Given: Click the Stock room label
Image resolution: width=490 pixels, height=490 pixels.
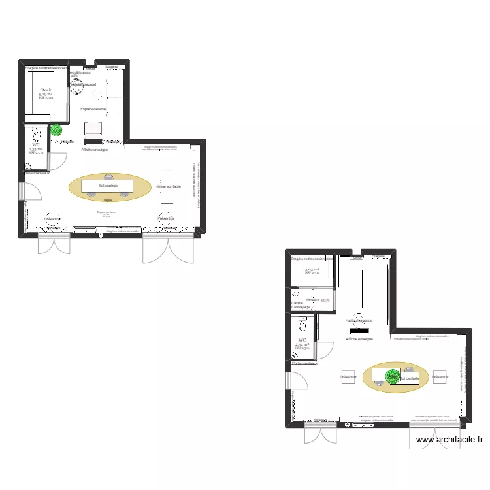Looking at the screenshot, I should tap(45, 90).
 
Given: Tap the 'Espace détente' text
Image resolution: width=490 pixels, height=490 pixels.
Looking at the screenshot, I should tap(93, 109).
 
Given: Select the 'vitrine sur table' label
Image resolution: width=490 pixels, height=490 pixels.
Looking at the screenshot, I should tap(169, 187).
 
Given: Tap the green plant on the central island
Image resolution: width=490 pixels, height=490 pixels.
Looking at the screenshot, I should tap(392, 376).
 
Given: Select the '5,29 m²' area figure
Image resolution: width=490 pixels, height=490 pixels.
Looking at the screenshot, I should tap(45, 95).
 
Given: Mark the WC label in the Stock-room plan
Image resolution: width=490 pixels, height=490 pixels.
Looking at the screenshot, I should tap(36, 145).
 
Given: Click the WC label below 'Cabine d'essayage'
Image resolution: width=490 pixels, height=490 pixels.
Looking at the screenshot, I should tap(302, 340).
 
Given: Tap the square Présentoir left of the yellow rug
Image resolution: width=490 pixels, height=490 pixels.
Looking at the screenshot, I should tap(349, 376).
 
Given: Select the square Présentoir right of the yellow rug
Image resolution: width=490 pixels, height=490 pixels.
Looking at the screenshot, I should tap(440, 376).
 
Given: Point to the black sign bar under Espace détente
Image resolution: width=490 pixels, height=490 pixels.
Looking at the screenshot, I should tap(93, 141).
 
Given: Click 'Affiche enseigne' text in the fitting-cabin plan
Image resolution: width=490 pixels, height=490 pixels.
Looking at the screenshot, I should tap(359, 340).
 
